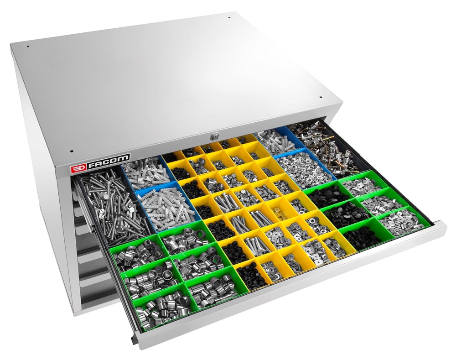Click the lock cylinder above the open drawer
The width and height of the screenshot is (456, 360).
coord(215,136)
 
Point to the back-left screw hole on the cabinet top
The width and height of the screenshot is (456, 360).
coord(27,46)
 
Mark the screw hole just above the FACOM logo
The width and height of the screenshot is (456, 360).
coord(71,151)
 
